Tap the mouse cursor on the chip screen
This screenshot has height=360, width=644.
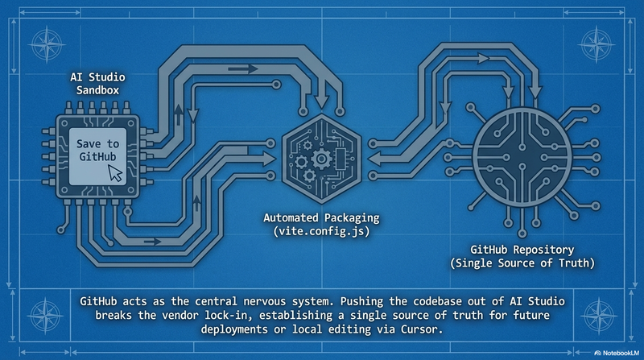[116, 171]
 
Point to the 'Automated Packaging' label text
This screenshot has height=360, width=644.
[320, 218]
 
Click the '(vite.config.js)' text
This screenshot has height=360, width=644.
[320, 232]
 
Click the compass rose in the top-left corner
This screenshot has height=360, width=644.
[46, 43]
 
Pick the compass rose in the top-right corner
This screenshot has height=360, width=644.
[597, 43]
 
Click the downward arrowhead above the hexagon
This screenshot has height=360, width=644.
[323, 102]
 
